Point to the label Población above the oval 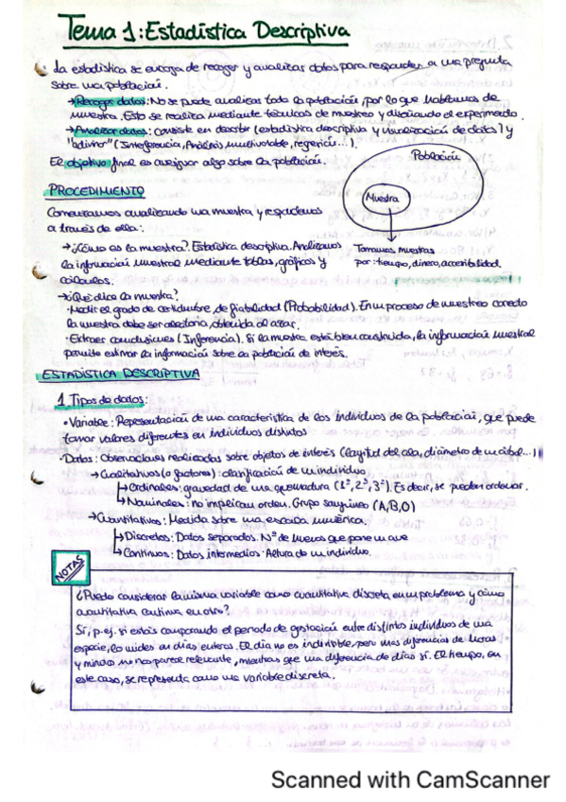click(435, 154)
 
